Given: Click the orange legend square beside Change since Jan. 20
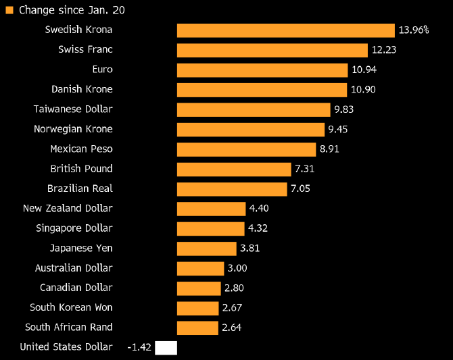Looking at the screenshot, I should [9, 10].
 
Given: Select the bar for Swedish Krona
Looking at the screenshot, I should [285, 30].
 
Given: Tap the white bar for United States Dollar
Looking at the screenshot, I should [166, 348].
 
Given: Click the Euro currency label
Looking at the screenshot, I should [102, 70].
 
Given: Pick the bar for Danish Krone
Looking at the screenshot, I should [262, 90].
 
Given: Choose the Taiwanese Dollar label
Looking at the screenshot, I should [73, 109].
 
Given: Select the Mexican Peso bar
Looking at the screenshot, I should [246, 149].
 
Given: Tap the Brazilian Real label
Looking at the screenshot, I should [80, 188].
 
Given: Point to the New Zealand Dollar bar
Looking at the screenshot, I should [211, 209].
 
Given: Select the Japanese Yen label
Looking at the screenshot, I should [81, 248].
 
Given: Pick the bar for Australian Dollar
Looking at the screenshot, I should [200, 268].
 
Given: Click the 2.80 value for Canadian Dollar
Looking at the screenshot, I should [234, 288].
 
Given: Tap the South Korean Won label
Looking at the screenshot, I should [71, 307].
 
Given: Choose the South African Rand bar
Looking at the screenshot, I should [197, 328].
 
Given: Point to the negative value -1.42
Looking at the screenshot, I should [139, 348].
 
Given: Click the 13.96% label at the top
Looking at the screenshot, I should [414, 30].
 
